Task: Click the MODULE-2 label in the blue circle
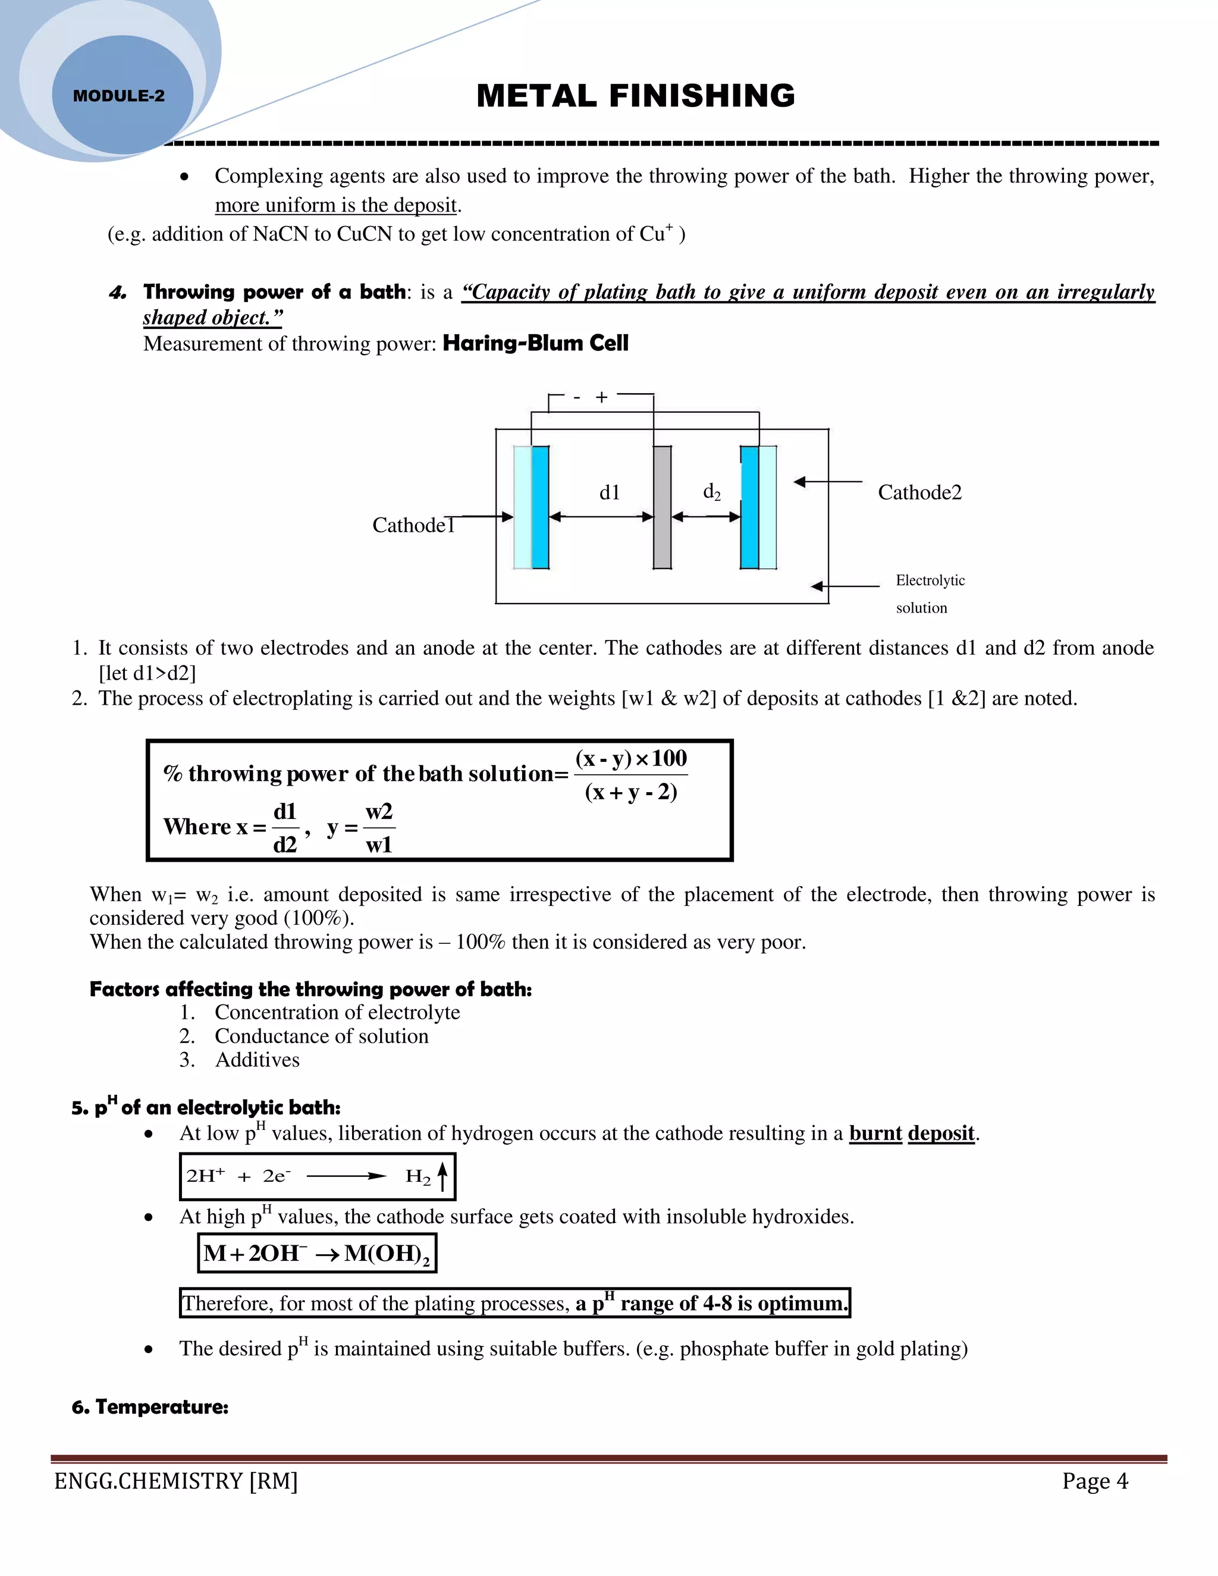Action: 119,96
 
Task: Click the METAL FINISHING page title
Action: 636,96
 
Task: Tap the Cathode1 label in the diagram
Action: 413,525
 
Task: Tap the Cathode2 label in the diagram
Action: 919,492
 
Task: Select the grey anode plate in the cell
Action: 662,507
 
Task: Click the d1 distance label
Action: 610,492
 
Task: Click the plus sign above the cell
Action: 602,397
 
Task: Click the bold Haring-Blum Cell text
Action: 535,344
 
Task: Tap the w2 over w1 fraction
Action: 379,828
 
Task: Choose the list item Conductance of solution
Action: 321,1036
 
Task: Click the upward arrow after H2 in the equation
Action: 442,1176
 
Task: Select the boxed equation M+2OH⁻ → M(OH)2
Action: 317,1254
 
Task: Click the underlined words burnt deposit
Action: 911,1133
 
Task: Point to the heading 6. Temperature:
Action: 150,1407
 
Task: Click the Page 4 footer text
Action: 1095,1481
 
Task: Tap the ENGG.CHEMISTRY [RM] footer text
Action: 176,1481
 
